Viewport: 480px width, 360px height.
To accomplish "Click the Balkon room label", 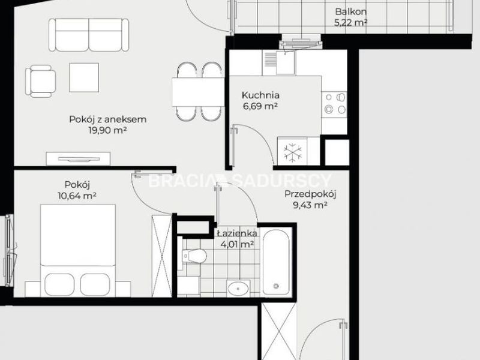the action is [x=351, y=11].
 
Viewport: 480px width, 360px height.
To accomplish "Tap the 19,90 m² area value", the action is [x=108, y=130].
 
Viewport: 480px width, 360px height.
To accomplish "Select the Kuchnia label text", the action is [x=260, y=95].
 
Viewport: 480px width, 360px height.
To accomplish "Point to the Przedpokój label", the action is [x=310, y=194].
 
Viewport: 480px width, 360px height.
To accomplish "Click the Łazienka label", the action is [x=237, y=233].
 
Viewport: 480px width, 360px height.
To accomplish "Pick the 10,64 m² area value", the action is [x=77, y=196].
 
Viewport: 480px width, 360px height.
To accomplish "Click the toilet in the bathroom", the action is [x=194, y=256].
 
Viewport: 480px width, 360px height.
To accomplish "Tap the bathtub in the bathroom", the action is [x=276, y=263].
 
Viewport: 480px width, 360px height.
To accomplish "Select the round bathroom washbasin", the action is [x=238, y=288].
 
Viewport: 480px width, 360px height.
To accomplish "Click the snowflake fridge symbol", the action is [x=293, y=152].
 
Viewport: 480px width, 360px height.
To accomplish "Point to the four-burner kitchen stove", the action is [x=334, y=103].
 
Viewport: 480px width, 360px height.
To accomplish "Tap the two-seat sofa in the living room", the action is [x=89, y=35].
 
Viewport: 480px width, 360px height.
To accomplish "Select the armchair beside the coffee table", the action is [x=40, y=81].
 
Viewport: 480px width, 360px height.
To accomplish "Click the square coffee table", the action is [x=84, y=77].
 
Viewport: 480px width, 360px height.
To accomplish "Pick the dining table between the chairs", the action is [x=199, y=92].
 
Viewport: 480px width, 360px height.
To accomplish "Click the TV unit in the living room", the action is [x=78, y=158].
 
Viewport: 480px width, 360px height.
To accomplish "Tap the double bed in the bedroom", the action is [x=78, y=250].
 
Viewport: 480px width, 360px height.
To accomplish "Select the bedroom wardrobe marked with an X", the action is [x=162, y=256].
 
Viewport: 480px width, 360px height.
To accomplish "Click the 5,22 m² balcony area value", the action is [x=351, y=23].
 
